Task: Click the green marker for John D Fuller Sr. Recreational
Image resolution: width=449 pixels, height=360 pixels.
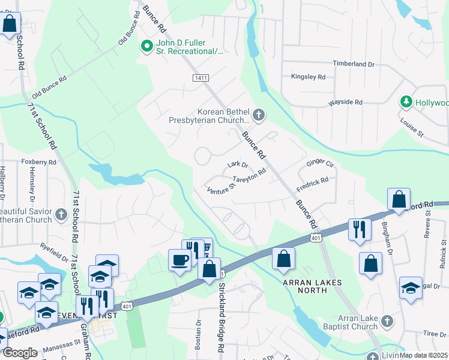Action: tap(146, 46)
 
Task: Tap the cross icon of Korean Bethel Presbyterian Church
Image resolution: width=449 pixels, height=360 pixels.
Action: tap(258, 115)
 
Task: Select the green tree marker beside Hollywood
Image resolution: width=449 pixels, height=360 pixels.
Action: tap(407, 102)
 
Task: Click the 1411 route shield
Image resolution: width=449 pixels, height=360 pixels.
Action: tap(200, 79)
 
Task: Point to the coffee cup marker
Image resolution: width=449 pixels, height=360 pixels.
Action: tap(178, 260)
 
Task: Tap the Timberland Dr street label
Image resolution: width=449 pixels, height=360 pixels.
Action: tap(354, 63)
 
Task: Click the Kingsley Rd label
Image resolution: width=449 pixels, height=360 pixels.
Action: tap(307, 77)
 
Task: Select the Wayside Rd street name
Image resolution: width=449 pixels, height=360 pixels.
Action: tap(345, 103)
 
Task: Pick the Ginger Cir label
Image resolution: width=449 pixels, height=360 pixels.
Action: tap(319, 163)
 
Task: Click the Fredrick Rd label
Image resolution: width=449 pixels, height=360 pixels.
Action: tap(312, 180)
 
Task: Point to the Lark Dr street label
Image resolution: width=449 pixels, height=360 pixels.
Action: tap(238, 164)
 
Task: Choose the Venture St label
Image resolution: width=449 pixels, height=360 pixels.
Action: tap(220, 190)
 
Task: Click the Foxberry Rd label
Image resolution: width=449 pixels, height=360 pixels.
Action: tap(38, 162)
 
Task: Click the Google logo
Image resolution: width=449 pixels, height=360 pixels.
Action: tap(20, 353)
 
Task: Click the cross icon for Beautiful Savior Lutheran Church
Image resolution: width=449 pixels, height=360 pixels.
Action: tap(61, 214)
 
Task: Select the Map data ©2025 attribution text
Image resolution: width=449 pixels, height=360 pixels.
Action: tap(423, 355)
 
